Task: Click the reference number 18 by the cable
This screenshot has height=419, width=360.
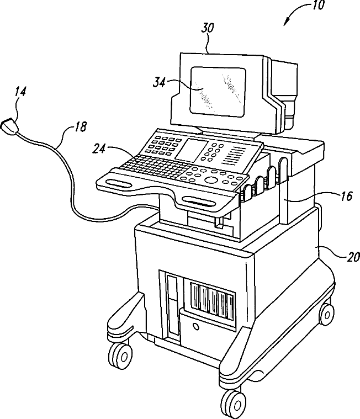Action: point(80,127)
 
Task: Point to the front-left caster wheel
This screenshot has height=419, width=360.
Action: point(120,351)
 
